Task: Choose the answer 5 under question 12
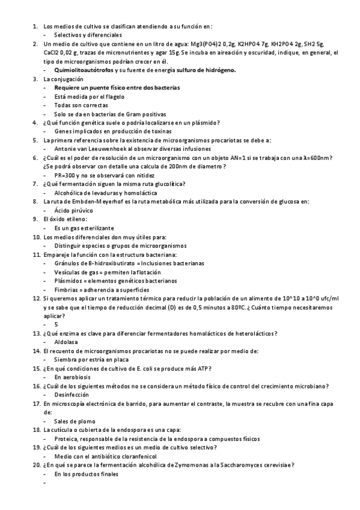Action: tap(56, 324)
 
